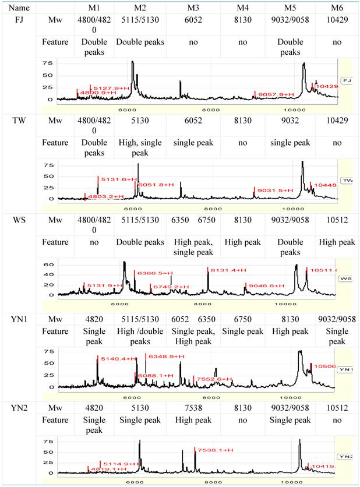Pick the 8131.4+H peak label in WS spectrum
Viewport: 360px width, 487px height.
pyautogui.click(x=225, y=270)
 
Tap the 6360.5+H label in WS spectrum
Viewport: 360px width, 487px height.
pyautogui.click(x=153, y=273)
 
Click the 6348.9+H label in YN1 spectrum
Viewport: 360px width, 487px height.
pyautogui.click(x=165, y=356)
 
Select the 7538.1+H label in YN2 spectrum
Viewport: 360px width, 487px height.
pyautogui.click(x=215, y=450)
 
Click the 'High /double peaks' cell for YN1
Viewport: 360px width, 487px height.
pyautogui.click(x=140, y=336)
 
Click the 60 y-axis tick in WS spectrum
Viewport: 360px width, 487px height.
pyautogui.click(x=49, y=264)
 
